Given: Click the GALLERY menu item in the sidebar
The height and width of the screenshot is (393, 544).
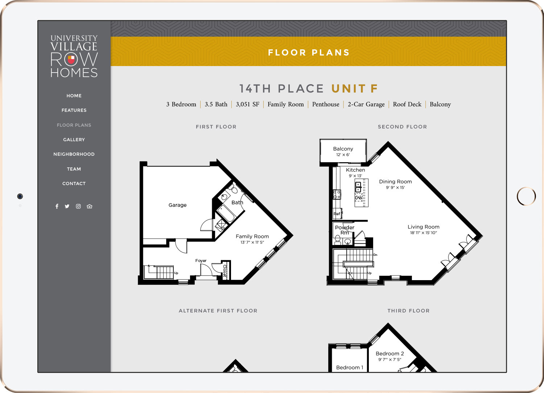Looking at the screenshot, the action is tap(74, 139).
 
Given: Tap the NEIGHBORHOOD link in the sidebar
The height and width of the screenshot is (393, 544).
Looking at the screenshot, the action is tap(74, 154).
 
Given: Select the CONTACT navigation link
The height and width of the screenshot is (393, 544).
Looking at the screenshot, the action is tap(74, 184).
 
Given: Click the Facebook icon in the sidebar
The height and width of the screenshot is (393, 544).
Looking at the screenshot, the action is tap(57, 206).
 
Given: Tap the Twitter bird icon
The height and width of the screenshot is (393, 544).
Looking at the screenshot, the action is tap(67, 206).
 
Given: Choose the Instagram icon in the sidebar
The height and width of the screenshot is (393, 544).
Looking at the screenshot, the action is tap(78, 206).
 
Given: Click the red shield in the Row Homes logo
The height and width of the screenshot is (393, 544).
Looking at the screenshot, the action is tap(71, 60).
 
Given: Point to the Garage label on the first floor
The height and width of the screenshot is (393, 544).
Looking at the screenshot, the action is tap(178, 205).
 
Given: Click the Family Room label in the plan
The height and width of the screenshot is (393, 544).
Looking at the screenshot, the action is tap(252, 236).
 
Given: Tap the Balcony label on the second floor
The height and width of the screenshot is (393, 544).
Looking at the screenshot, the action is tap(343, 149).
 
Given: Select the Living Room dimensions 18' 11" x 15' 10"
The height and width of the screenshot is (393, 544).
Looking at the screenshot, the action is tap(424, 233).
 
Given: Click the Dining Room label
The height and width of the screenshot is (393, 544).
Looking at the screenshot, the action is tap(395, 181).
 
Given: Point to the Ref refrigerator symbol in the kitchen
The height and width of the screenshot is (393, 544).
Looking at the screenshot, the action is tap(337, 214).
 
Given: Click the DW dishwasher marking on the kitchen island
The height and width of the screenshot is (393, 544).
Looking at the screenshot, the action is tap(358, 198).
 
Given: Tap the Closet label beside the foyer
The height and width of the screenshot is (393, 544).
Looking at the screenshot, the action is tap(225, 270).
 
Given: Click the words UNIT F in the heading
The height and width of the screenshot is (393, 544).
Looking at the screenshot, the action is tap(355, 89).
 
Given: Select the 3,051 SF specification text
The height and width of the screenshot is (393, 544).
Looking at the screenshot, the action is tap(247, 104).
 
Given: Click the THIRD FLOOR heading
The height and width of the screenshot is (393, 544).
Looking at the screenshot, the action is tap(408, 311).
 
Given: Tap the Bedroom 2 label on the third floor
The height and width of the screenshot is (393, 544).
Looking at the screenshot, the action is tap(390, 353).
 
